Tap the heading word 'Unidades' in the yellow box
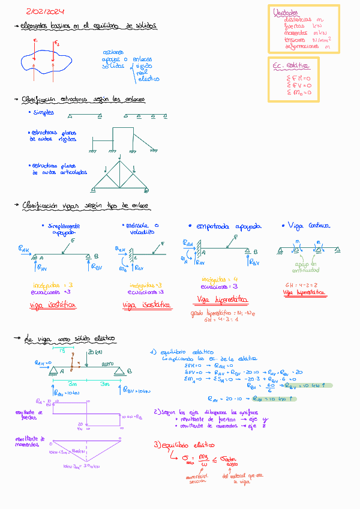[284, 12]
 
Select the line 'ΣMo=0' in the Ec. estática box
[299, 93]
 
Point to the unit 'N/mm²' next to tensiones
[322, 40]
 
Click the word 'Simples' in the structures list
[43, 112]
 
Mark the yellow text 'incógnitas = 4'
[220, 279]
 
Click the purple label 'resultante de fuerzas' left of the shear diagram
[29, 414]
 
